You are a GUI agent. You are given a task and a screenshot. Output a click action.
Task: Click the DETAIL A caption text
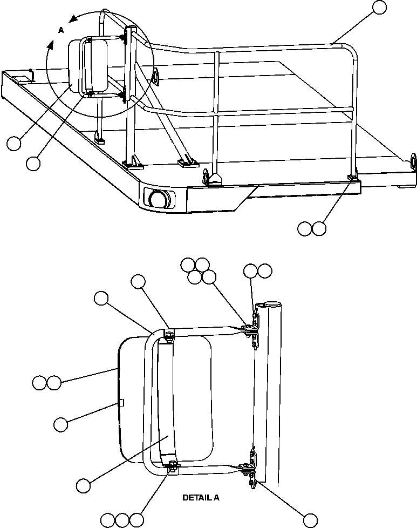tap(201, 498)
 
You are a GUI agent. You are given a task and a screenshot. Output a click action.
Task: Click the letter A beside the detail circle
tap(61, 31)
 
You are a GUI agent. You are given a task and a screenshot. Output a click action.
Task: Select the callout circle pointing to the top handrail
tap(380, 7)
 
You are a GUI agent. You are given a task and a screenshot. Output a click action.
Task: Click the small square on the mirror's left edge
tap(121, 402)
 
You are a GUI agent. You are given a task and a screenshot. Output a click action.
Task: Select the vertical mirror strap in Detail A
tap(166, 400)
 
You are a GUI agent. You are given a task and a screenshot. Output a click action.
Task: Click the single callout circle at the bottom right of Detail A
tap(310, 520)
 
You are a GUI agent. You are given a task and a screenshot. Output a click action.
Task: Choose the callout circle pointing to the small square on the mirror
tap(60, 424)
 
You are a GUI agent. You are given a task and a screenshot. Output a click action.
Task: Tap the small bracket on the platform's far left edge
tap(31, 73)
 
